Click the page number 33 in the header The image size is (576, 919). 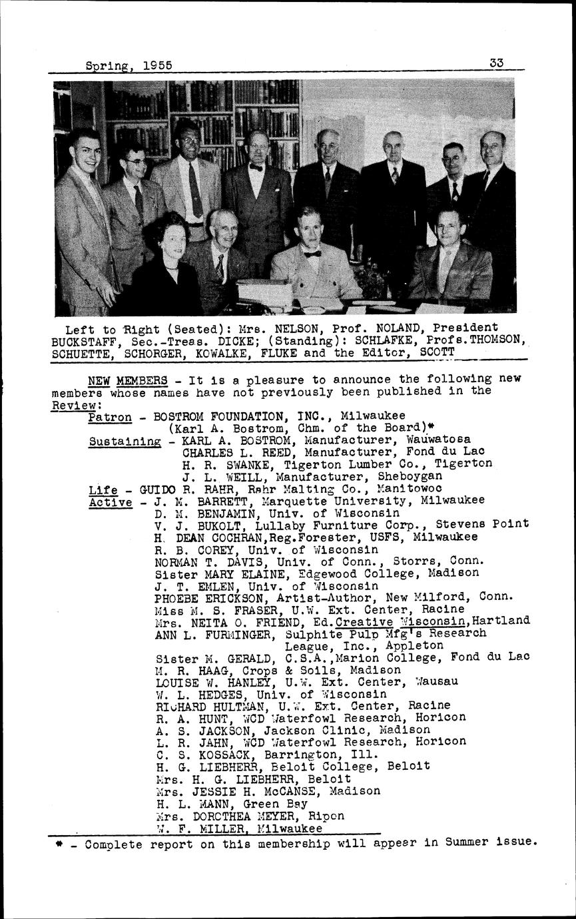(x=496, y=63)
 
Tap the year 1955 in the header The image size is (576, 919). (x=157, y=65)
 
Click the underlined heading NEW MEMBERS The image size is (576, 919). (x=128, y=380)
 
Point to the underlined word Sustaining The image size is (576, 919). (x=125, y=441)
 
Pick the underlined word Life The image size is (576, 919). (x=103, y=489)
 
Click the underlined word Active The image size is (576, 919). (x=110, y=501)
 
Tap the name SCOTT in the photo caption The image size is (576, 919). (x=437, y=351)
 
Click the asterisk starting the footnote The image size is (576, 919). (x=59, y=842)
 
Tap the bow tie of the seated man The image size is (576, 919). (x=312, y=254)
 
